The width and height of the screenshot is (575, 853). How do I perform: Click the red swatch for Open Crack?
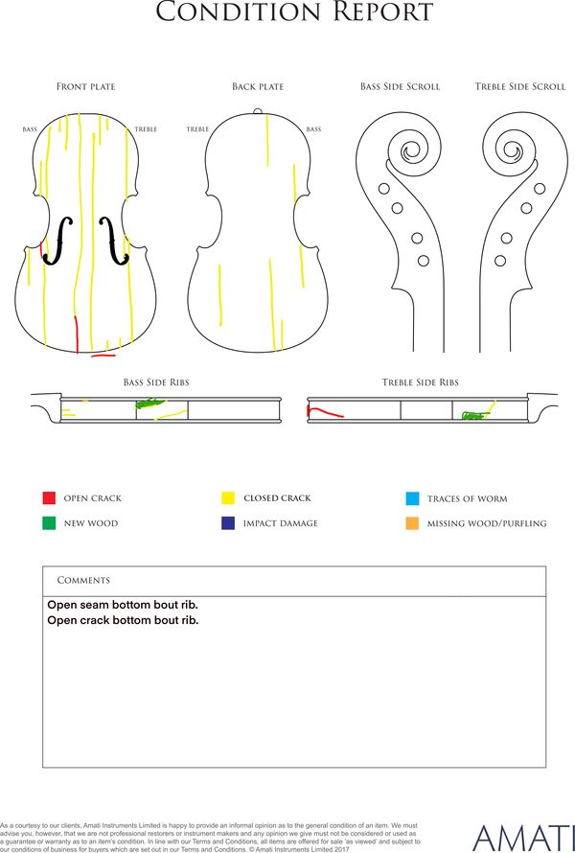point(49,497)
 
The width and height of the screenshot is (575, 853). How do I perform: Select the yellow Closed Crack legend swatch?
point(228,497)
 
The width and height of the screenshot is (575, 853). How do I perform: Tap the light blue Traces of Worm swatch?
point(412,498)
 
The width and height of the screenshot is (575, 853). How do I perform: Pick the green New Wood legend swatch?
point(49,522)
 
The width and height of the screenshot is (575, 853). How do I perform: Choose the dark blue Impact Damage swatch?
point(228,522)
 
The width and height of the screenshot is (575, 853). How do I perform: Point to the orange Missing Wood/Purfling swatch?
point(412,523)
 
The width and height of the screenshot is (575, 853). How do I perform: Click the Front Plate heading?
point(86,86)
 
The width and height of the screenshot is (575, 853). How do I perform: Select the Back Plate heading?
point(258,86)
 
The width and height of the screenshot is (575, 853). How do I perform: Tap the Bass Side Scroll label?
point(400,86)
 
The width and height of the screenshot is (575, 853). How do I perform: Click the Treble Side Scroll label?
point(520,86)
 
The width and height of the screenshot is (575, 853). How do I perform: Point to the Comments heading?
point(83,580)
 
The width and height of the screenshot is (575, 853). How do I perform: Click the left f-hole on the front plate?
point(58,241)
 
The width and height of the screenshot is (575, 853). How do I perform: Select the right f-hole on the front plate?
point(114,241)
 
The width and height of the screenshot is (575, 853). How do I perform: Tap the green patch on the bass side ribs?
point(149,403)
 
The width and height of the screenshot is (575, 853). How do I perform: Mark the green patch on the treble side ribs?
point(475,416)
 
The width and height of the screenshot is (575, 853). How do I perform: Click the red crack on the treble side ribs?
point(325,412)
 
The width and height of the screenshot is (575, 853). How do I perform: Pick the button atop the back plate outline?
point(258,112)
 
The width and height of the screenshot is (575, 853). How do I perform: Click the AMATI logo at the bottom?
point(523,839)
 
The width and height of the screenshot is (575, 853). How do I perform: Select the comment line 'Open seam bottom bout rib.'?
point(123,605)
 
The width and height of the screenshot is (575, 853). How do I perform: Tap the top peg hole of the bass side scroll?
point(384,189)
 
